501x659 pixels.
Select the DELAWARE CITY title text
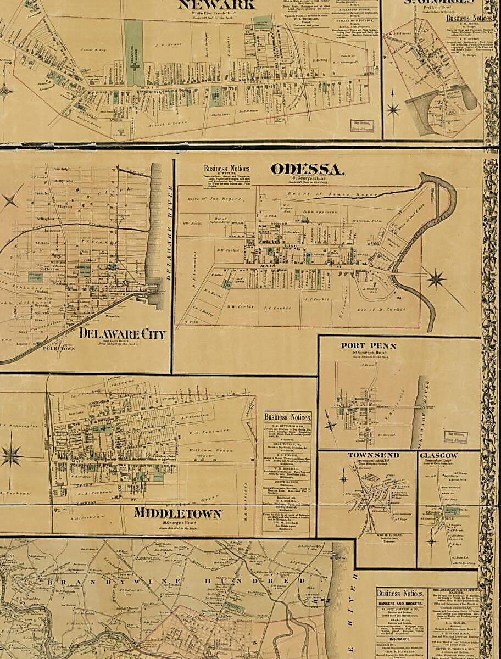point(122,333)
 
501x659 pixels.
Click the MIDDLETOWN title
point(177,514)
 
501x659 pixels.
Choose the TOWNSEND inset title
point(373,455)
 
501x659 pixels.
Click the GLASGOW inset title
point(438,456)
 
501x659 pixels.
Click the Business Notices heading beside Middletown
point(287,417)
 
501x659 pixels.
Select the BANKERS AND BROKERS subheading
point(400,605)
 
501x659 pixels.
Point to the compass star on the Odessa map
point(436,279)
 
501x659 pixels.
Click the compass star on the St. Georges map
point(393,109)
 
